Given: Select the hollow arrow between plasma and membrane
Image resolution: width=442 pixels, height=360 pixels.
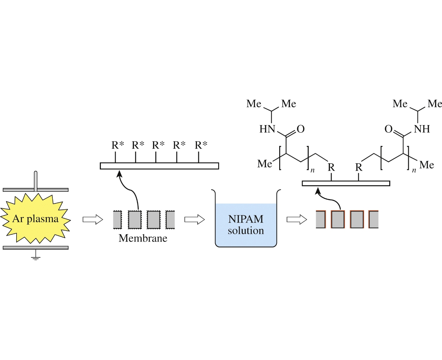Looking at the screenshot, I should [x=93, y=219].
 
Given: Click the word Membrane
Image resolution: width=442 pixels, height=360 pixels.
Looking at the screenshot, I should [x=143, y=238].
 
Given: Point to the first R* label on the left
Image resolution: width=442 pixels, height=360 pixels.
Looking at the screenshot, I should [x=117, y=145].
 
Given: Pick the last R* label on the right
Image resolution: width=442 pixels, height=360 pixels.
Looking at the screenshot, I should [x=201, y=145].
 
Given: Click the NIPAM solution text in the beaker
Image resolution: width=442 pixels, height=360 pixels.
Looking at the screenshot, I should [x=246, y=225].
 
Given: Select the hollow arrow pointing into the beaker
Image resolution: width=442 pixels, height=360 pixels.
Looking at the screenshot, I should [x=195, y=219].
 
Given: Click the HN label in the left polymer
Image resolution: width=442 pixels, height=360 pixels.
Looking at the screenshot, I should [x=267, y=129].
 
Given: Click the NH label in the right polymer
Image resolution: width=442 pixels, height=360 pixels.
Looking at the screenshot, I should [x=422, y=129].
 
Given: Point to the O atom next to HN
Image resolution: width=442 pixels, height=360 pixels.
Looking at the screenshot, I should [x=301, y=129].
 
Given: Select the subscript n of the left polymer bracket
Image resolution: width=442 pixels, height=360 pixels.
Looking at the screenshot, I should [x=312, y=171].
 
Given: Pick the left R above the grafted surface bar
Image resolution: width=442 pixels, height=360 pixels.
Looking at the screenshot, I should [x=331, y=168].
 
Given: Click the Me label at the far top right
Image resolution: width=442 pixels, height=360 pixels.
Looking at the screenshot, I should [x=434, y=104].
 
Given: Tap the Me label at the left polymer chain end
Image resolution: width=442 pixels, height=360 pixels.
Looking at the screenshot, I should [x=265, y=164].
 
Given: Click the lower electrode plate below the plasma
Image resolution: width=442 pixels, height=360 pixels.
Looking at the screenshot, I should [x=35, y=248].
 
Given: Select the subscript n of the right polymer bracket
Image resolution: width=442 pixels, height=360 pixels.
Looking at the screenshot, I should [x=414, y=171].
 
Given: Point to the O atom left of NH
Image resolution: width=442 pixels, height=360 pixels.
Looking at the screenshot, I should [x=389, y=129].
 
